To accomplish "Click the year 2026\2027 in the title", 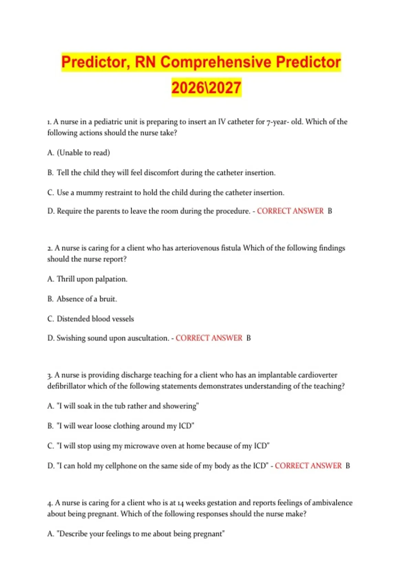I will (206, 87).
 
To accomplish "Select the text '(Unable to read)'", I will (83, 153).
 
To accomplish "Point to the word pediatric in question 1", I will (108, 122).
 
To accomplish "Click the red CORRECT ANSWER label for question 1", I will (290, 211).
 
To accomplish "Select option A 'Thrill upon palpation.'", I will (87, 279).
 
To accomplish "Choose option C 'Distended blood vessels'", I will (91, 319).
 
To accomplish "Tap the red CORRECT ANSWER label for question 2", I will (209, 338).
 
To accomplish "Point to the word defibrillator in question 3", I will (66, 386).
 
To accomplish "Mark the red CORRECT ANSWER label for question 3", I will (308, 466).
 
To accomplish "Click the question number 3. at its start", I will (50, 375).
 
